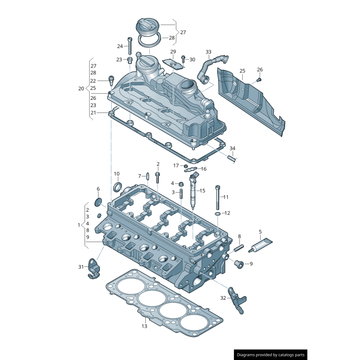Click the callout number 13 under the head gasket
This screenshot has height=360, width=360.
click(144, 326)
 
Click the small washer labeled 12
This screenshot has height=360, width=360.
click(218, 213)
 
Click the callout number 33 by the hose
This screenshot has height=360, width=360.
click(208, 52)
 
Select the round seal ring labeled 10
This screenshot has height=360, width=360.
click(117, 187)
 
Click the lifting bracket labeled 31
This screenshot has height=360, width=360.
click(93, 268)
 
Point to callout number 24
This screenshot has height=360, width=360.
click(120, 46)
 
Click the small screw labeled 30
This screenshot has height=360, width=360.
click(184, 59)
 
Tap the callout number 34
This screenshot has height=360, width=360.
click(232, 148)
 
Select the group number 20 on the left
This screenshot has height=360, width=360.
click(81, 89)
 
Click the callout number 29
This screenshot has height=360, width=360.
click(173, 52)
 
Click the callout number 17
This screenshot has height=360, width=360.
click(176, 166)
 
